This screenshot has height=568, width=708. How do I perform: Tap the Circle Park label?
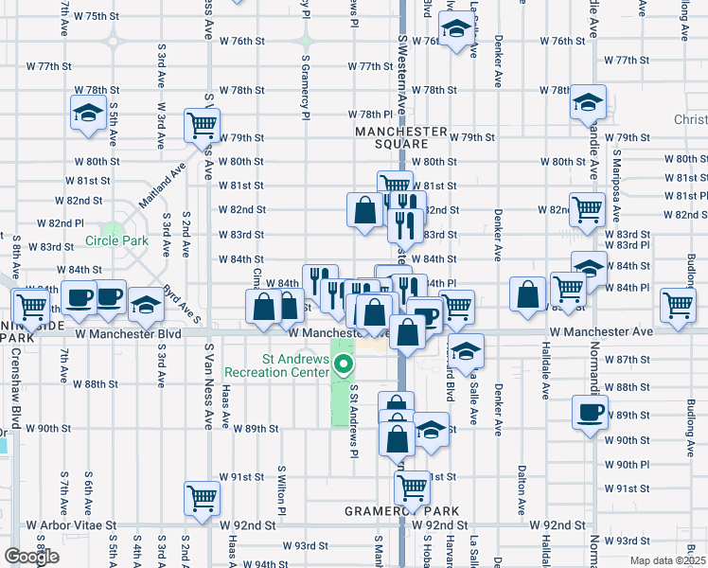116,240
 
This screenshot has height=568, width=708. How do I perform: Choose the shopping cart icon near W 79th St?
204,123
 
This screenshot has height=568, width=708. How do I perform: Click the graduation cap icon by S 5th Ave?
89,113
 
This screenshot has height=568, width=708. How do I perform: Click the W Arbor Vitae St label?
71,524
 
